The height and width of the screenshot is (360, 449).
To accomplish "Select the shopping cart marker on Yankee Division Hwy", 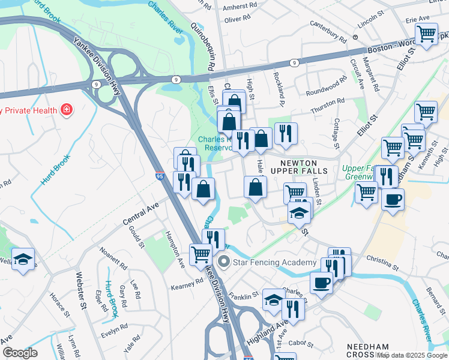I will coord(200,254).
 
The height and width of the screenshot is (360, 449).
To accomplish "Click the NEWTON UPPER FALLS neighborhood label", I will coord(299,166).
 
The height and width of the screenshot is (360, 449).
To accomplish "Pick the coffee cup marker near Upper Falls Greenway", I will coord(393,200).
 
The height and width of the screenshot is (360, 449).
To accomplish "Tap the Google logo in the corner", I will coord(19,353).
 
